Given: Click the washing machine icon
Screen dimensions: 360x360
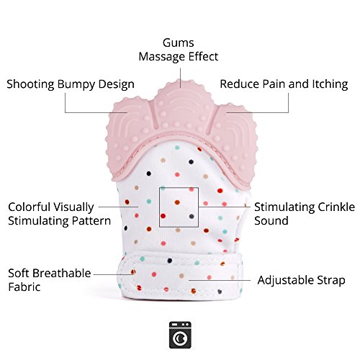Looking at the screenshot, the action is tap(180, 335).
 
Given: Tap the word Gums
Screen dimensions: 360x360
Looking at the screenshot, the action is tap(178, 43).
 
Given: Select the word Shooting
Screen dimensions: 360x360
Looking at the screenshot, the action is tap(30, 84).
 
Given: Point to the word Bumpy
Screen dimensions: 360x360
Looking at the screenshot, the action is tap(76, 85).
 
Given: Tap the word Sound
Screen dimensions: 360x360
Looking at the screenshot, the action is tap(271, 220).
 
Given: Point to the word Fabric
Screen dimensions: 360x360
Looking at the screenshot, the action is tap(24, 287).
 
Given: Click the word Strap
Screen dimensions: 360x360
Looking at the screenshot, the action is tap(331, 281).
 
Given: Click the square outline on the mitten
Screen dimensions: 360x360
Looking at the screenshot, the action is tap(159, 207).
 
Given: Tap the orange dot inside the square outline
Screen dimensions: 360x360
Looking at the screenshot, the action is tap(177, 202).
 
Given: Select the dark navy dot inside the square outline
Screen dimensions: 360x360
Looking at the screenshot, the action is tap(192, 217).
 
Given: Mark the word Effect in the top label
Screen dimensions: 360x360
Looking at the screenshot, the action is tap(203, 57).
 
